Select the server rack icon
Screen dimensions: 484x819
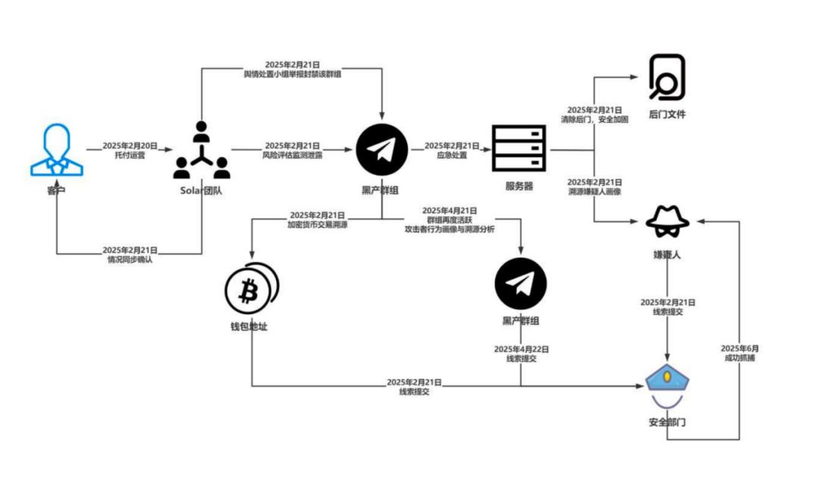[x=519, y=149]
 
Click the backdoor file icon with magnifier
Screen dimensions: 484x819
[x=667, y=77]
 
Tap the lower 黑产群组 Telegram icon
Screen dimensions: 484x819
[x=520, y=284]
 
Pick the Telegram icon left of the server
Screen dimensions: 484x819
[x=382, y=149]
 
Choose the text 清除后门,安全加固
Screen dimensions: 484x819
[x=595, y=120]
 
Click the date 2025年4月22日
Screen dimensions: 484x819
[x=521, y=349]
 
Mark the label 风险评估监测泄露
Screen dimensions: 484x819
[x=292, y=155]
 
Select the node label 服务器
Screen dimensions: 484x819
[x=519, y=186]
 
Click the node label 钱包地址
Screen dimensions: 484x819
[x=249, y=327]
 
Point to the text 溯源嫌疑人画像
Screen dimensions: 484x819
[x=595, y=193]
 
